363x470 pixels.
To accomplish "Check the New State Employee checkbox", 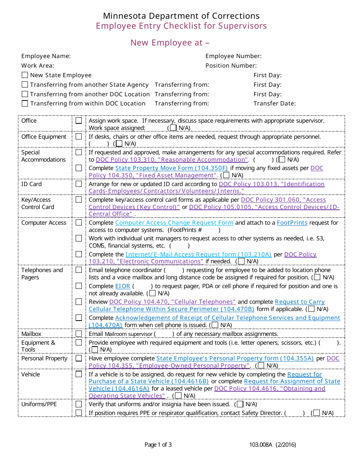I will coord(25,75).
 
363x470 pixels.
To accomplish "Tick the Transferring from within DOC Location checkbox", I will coord(25,104).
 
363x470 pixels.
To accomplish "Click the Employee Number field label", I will coord(233,56).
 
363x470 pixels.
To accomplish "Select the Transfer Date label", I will coord(274,104).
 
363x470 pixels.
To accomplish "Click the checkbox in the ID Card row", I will coord(79,184).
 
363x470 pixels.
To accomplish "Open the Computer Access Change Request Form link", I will coord(174,223).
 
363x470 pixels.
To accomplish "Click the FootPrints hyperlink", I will coord(292,223).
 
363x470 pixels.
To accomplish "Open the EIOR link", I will coord(123,286).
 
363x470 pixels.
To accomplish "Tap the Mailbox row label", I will coord(31,334).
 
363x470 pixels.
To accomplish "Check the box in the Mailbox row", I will coord(79,334).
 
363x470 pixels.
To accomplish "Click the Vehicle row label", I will coord(31,374).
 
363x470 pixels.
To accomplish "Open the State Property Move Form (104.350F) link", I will coord(172,168).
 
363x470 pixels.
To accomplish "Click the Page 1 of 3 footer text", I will coord(158,445).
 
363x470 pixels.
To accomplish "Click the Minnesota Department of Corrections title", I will coord(181,16).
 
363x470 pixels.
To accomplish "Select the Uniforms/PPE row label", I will coord(39,404).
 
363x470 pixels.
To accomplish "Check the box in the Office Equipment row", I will coord(79,136).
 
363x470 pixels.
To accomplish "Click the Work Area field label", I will coord(38,66).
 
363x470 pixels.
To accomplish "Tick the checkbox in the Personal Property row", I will coord(79,358).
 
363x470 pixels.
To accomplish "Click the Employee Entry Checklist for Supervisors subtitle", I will coord(181,26).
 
